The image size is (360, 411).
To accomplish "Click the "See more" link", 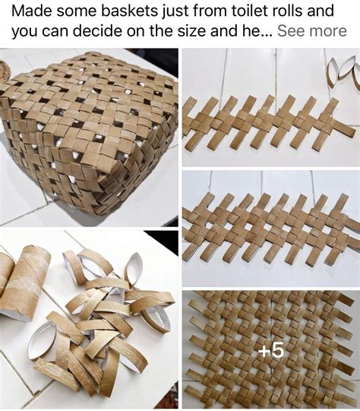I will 311,31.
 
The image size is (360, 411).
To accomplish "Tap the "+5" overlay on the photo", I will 271,350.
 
